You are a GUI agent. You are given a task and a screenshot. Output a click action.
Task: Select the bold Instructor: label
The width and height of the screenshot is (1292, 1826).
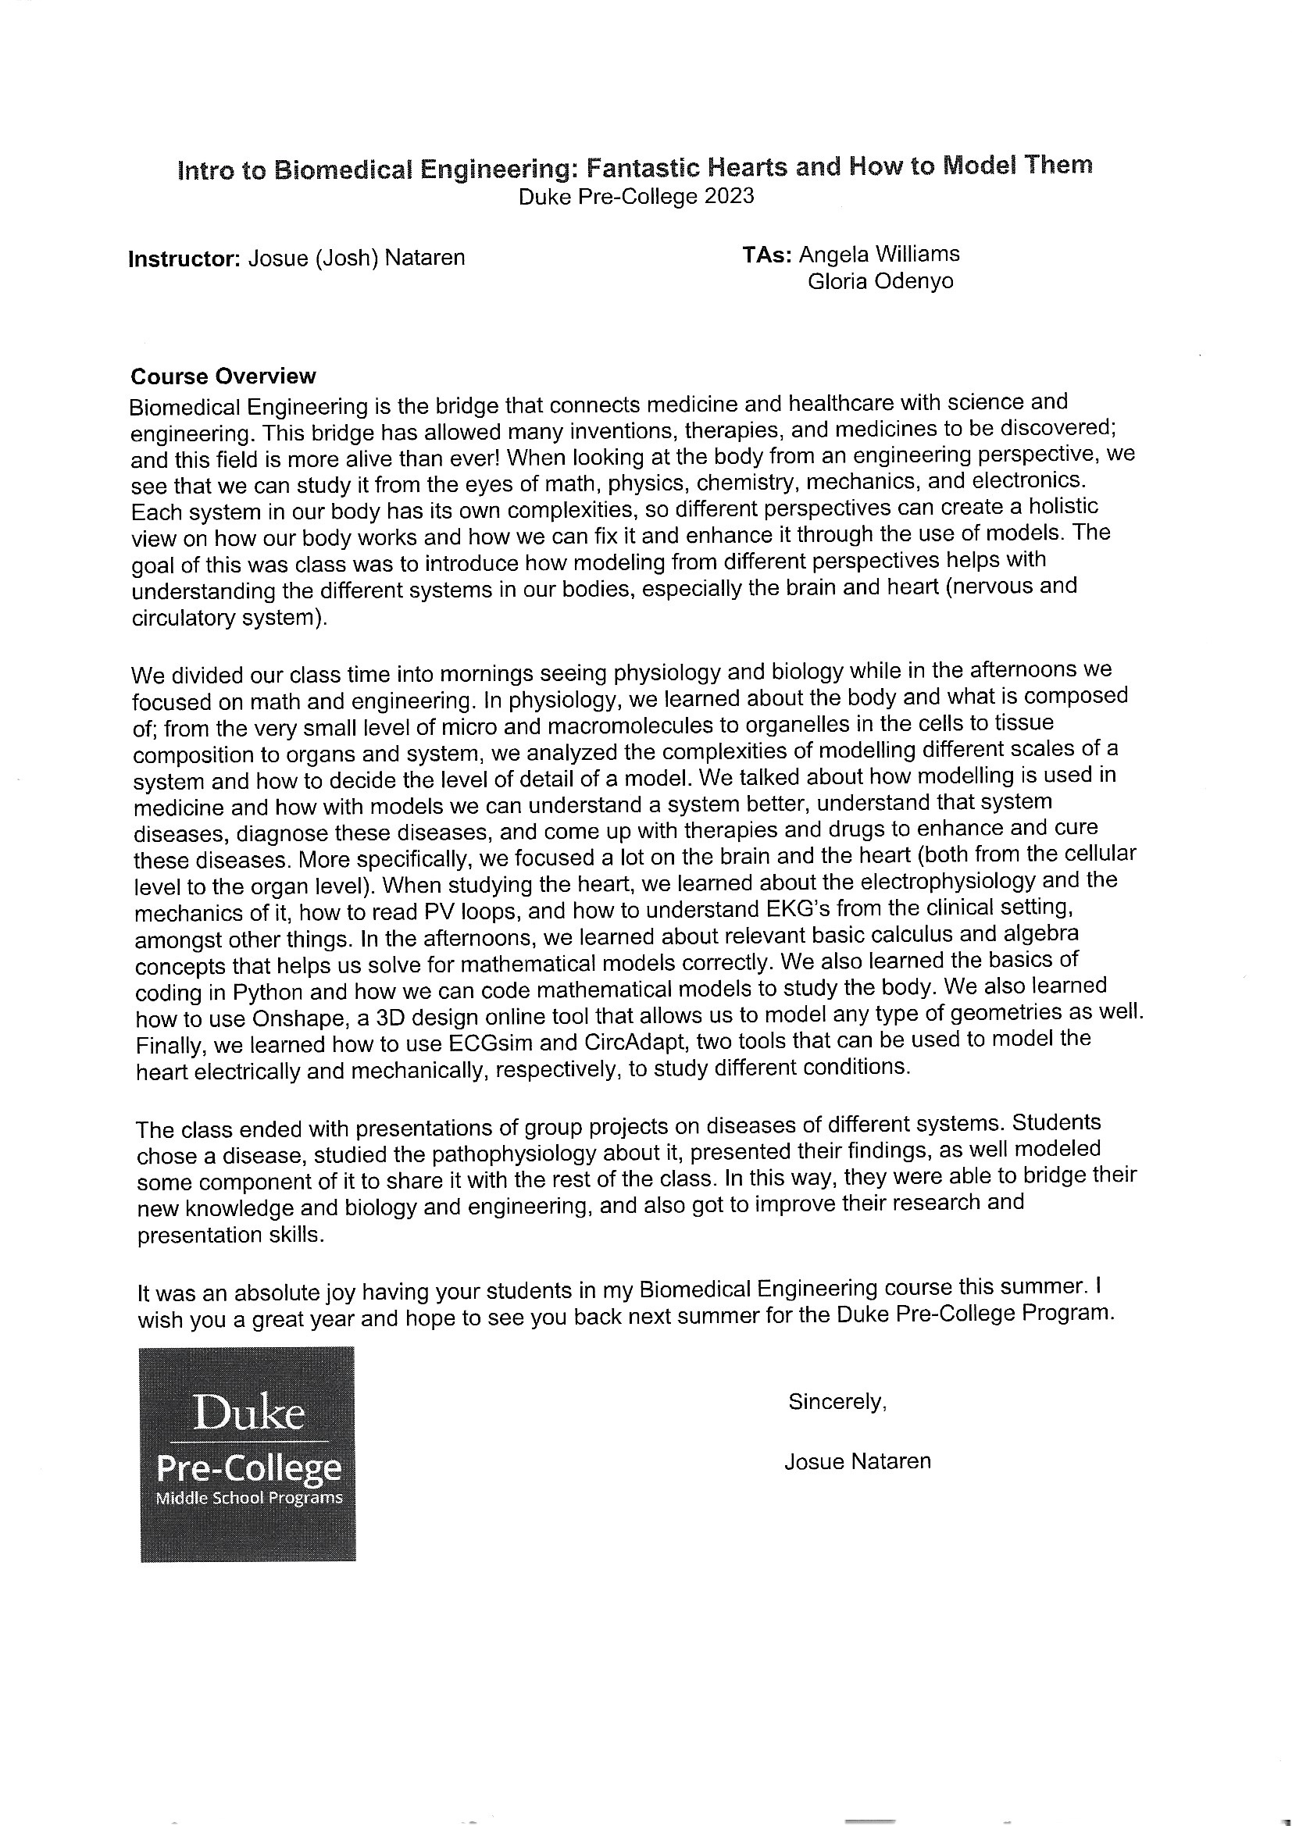click(184, 259)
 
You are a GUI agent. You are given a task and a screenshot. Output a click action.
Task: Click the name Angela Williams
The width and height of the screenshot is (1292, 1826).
click(879, 255)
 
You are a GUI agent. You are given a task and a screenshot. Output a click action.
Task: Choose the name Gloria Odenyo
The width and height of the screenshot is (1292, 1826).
click(880, 281)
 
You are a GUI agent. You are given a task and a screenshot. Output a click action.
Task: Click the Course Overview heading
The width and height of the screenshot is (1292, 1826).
click(223, 376)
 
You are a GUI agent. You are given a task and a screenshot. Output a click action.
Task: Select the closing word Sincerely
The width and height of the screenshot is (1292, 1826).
click(837, 1402)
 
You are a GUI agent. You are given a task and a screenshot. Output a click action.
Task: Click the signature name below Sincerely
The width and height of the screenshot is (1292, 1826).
click(857, 1462)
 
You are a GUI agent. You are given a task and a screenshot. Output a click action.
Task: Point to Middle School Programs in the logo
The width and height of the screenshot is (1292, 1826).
click(249, 1499)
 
